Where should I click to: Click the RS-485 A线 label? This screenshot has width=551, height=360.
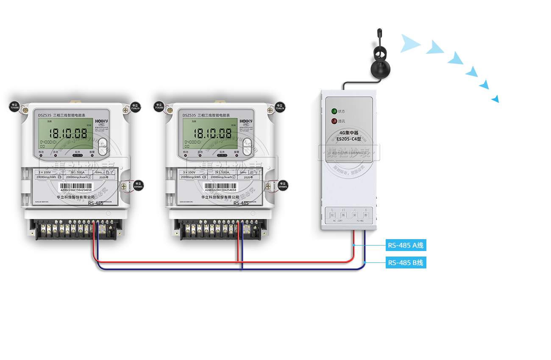(x=406, y=245)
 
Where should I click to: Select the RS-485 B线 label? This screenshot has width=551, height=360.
(x=406, y=262)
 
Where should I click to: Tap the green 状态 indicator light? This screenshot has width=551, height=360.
(x=334, y=112)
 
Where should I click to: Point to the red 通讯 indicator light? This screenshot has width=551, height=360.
(x=334, y=121)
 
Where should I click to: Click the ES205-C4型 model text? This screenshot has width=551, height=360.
(x=349, y=139)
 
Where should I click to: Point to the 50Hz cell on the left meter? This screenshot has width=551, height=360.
(x=99, y=173)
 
